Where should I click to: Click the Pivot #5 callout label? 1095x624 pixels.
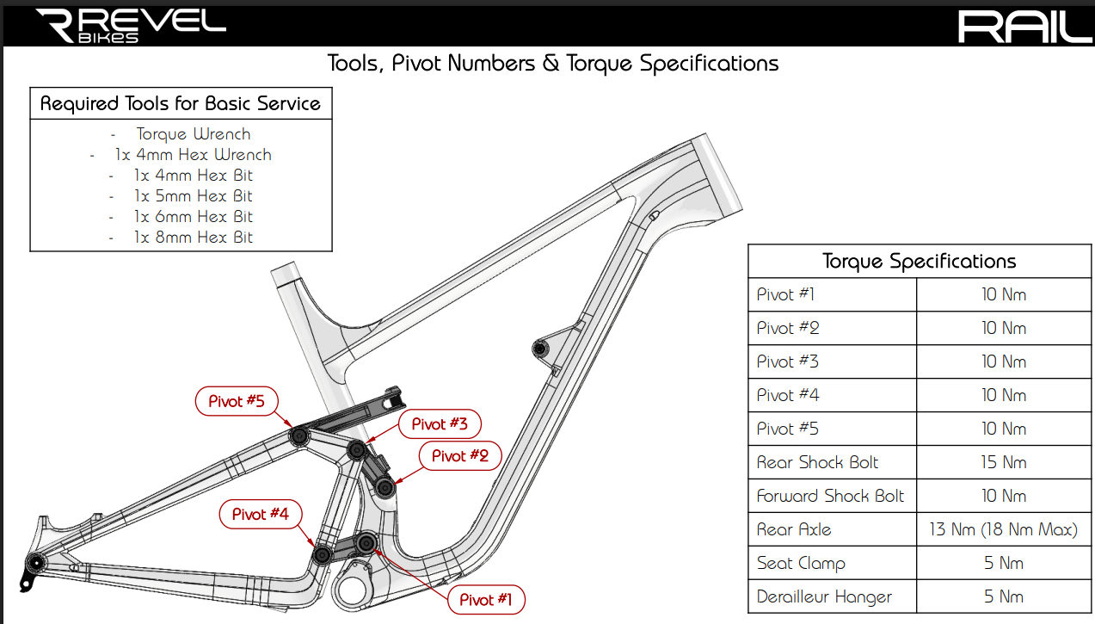(237, 401)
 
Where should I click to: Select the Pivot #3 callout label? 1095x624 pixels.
(440, 423)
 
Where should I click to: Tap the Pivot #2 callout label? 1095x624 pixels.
(459, 455)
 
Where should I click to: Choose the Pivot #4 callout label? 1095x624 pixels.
(261, 514)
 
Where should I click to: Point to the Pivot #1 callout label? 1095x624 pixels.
(485, 599)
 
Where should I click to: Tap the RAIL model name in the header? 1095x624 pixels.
(1024, 26)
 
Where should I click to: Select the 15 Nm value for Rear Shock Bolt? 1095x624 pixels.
(1004, 462)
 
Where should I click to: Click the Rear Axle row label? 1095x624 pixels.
(793, 529)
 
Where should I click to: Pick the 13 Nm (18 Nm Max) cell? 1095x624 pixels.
(1004, 529)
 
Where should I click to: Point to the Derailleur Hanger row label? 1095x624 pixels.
(824, 596)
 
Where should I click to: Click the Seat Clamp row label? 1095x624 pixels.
(801, 563)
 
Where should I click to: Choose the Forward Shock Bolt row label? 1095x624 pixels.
(830, 496)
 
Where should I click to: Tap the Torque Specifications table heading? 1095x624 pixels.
(919, 262)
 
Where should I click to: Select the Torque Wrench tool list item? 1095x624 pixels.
(194, 134)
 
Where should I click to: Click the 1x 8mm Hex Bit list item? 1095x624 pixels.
(194, 237)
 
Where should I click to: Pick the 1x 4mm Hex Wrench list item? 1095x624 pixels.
(194, 155)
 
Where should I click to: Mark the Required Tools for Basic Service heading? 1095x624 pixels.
(181, 104)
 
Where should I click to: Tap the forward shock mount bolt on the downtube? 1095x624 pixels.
(540, 349)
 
